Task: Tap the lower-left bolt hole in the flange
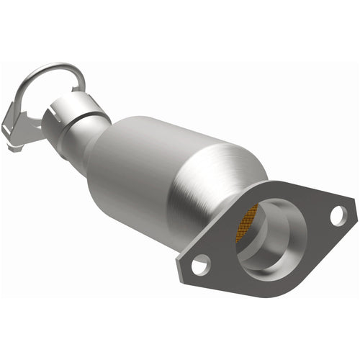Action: [200, 264]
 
